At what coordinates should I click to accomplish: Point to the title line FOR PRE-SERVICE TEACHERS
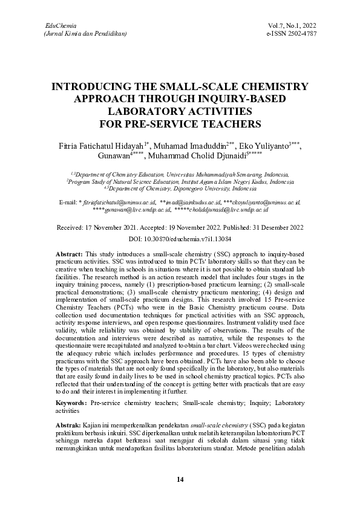[180, 125]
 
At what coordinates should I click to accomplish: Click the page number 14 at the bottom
[180, 479]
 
